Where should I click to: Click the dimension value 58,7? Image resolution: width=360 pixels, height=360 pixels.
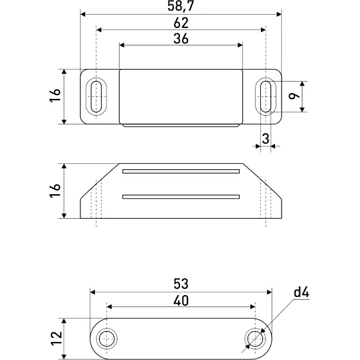181,6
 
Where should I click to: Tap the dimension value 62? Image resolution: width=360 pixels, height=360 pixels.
181,23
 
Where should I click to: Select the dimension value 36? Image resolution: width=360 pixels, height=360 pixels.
181,39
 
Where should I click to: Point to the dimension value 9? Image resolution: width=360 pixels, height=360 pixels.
294,96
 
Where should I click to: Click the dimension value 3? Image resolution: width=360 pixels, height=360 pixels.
266,139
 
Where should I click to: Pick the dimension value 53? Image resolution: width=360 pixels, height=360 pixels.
181,284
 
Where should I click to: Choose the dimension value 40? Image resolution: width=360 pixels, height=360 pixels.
181,300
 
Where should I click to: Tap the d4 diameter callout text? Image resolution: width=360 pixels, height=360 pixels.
302,292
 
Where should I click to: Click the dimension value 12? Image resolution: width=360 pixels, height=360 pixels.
56,338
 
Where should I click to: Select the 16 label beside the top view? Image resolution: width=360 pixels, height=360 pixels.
55,95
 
